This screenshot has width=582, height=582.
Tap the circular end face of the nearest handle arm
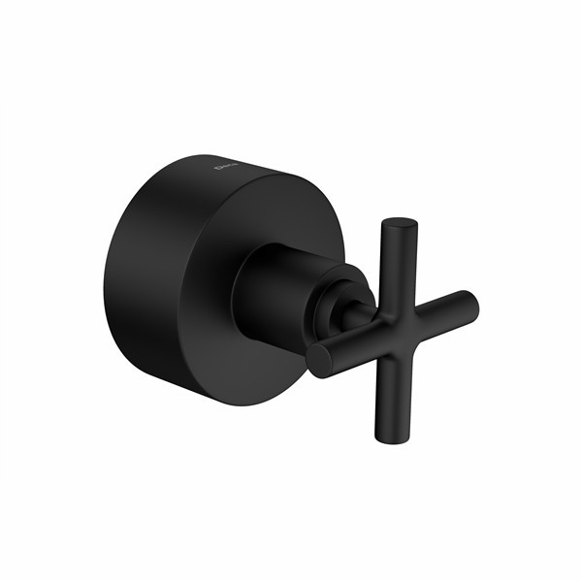pos(319,360)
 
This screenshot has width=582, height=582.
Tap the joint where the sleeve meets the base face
pos(239,291)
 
